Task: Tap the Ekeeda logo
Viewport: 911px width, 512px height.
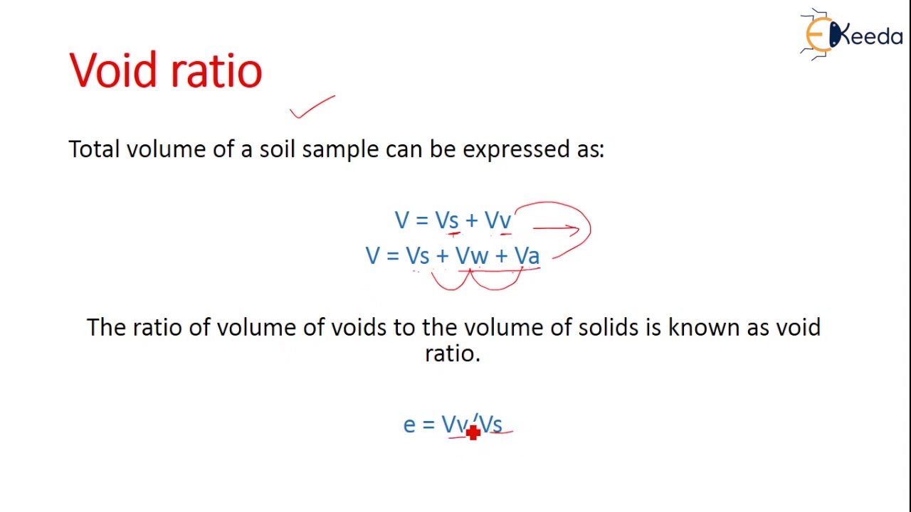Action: (x=851, y=33)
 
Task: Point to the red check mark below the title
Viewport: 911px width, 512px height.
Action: (x=312, y=107)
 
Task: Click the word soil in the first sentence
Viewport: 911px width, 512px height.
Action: (x=278, y=149)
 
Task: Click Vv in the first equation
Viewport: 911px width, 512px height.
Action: (x=497, y=220)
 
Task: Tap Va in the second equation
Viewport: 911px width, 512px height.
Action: (x=527, y=256)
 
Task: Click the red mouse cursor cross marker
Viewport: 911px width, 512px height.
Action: (x=473, y=432)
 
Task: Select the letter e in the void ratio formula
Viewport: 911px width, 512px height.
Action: (x=409, y=425)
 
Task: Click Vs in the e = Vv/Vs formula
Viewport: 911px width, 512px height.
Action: (x=490, y=425)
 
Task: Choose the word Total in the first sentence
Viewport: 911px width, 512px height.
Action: (x=94, y=149)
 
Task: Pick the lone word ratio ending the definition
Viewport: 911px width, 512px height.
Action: (x=452, y=353)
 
